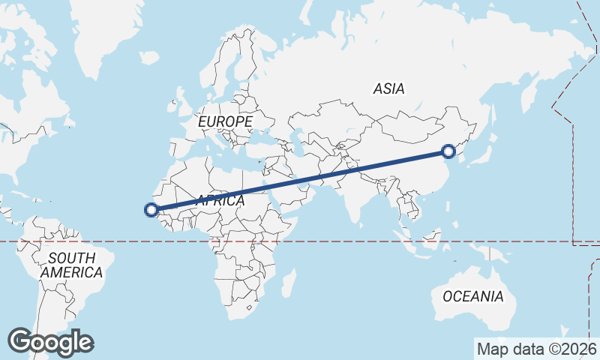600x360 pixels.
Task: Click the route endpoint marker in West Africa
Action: point(152,211)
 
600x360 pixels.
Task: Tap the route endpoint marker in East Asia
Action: point(448,151)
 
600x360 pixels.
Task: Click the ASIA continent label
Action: point(388,88)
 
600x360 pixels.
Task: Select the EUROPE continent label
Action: point(225,121)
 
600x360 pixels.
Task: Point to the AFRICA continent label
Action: point(220,201)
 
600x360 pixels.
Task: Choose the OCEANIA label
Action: point(472,296)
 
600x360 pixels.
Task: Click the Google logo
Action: point(51,342)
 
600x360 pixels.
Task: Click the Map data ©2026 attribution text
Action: point(536,348)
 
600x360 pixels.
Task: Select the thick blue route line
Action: point(300,181)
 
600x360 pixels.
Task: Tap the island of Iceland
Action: point(148,57)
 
